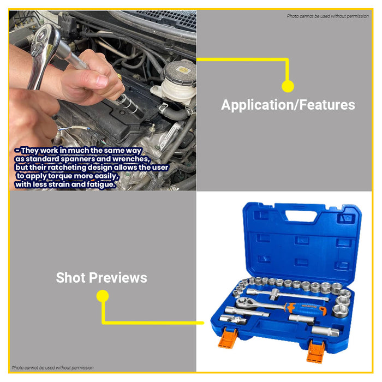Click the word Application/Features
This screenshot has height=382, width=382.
point(288,105)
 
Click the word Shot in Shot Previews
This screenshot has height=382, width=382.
point(70,277)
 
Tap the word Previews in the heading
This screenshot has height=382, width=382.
point(118,278)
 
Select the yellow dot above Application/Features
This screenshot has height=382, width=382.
point(288,86)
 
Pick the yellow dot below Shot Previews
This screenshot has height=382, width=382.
point(103,296)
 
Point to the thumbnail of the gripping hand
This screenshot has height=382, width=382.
point(102,81)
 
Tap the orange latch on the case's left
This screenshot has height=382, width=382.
point(228,338)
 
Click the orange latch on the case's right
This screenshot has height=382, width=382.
point(316,351)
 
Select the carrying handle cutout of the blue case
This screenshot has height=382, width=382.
point(301,216)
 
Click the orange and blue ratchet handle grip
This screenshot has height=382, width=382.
point(306,309)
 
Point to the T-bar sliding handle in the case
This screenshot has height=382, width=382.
point(288,294)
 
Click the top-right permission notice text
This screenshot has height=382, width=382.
point(327,16)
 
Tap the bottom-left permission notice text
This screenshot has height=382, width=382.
point(52,368)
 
